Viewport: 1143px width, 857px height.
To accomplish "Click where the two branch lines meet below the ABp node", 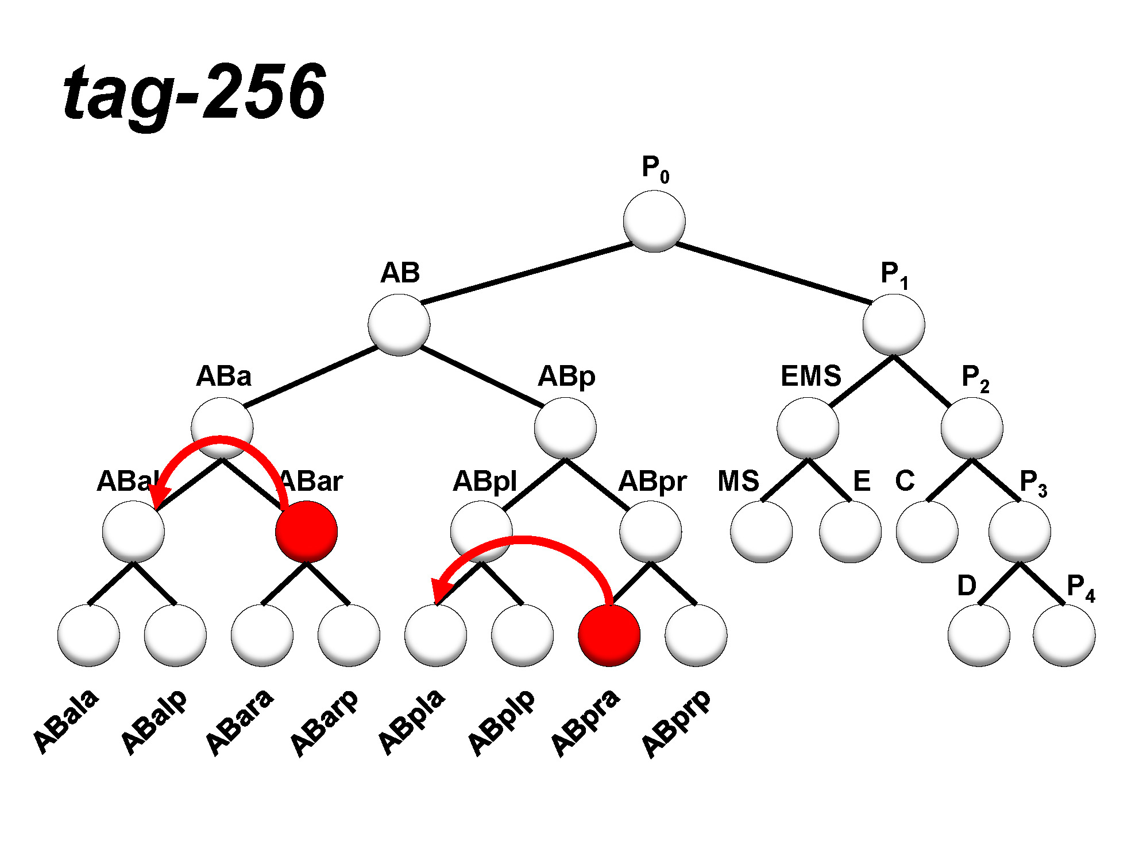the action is click(x=565, y=459).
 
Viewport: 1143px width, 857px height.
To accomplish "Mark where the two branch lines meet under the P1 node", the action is click(x=894, y=356).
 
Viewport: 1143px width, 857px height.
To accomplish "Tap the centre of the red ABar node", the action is click(x=306, y=532).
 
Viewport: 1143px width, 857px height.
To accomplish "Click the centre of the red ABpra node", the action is click(x=609, y=635).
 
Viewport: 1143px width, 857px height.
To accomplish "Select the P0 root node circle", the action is click(x=654, y=221).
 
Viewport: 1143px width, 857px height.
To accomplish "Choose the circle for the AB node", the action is click(x=399, y=325).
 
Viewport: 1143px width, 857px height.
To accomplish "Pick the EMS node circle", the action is click(x=808, y=428).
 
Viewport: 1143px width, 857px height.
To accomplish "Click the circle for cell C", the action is click(x=927, y=532).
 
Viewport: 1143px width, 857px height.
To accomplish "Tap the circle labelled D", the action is click(x=979, y=635).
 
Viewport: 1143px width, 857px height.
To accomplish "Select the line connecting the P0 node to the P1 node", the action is click(x=774, y=273).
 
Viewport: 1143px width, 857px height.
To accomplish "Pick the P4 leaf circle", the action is click(x=1064, y=635).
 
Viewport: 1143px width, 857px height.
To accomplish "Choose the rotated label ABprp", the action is click(x=676, y=723).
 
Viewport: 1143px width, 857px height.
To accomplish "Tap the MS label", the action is click(x=738, y=481).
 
